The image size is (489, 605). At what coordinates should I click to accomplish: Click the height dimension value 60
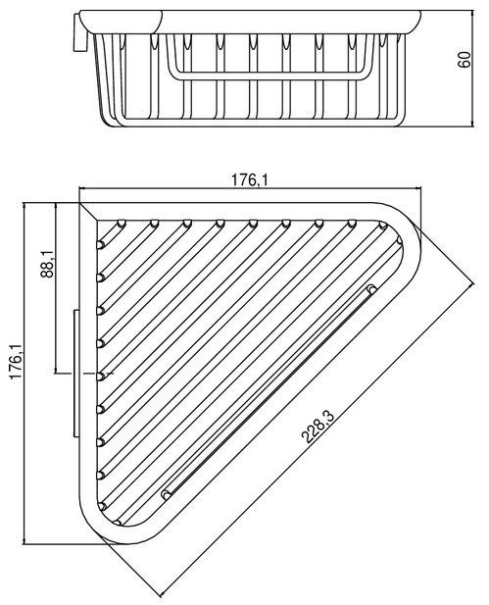[465, 59]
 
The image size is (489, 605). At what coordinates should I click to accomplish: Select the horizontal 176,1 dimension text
[250, 179]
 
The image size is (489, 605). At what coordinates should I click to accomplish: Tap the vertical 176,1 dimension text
[17, 362]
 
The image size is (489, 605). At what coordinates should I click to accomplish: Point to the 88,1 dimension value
[47, 264]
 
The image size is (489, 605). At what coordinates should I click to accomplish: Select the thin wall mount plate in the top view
[76, 374]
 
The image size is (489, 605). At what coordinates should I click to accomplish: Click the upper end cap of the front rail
[371, 288]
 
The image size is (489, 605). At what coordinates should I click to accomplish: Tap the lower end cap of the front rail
[167, 494]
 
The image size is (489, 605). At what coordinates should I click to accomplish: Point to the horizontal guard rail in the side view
[269, 76]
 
